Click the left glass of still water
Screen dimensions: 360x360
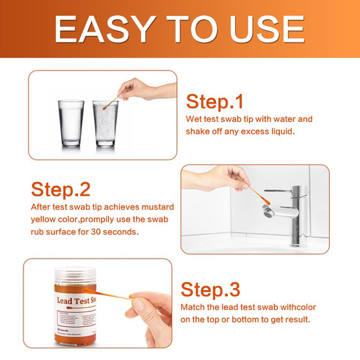pos(71,123)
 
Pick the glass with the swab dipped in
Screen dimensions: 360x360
pos(105,123)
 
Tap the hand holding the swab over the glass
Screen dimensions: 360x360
pos(147,90)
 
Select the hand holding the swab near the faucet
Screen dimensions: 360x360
pos(217,178)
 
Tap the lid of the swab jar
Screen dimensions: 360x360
pos(82,271)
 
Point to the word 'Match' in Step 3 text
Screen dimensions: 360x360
pos(198,305)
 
